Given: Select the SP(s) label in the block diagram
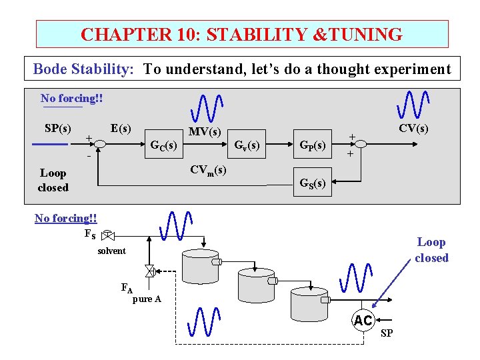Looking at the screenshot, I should [x=58, y=127].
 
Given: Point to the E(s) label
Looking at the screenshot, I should [x=121, y=127].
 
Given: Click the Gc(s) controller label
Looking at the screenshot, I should [x=163, y=145].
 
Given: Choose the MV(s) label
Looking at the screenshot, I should [x=205, y=132].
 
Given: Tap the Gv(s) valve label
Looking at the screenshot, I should [x=247, y=145].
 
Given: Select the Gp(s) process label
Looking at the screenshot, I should [x=313, y=145].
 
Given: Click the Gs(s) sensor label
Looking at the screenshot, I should [x=313, y=183].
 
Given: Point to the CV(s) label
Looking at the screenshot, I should [x=413, y=128].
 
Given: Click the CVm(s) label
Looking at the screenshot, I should [x=208, y=170].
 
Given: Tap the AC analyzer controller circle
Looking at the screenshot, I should [x=363, y=321].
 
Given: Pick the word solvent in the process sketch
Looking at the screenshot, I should [x=111, y=251].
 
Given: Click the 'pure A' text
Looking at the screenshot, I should [x=147, y=299].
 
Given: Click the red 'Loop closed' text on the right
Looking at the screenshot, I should [x=431, y=250].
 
